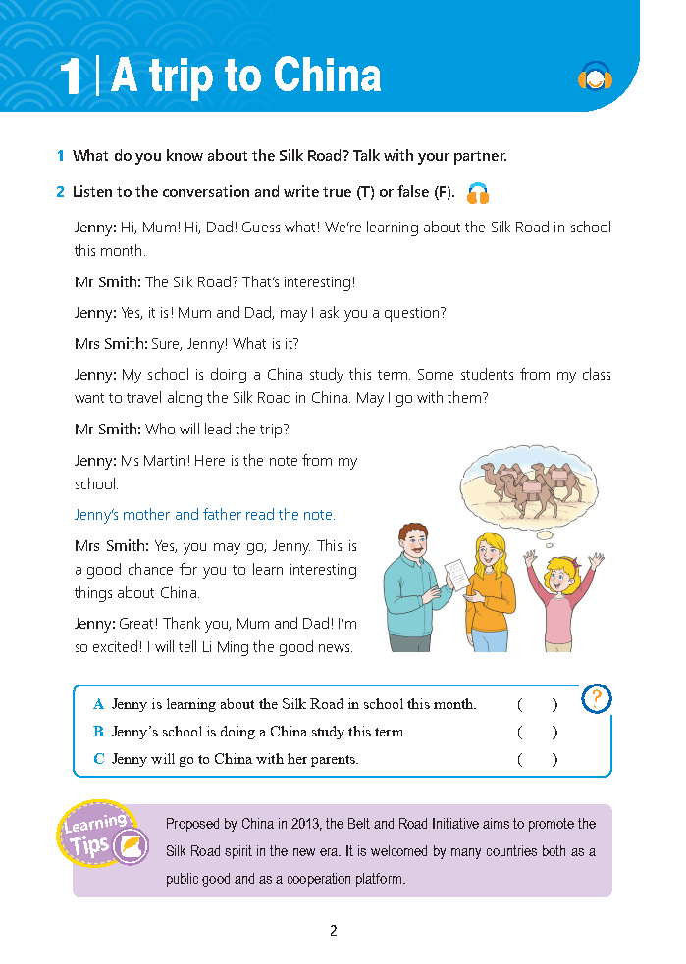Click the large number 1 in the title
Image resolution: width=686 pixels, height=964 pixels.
69,77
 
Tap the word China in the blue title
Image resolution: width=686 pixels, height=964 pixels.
327,76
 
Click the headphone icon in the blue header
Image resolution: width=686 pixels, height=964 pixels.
595,76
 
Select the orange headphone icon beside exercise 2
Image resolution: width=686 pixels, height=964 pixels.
478,193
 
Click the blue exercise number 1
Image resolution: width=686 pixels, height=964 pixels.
61,156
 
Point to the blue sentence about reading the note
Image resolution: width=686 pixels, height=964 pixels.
204,515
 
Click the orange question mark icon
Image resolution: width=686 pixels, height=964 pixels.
597,698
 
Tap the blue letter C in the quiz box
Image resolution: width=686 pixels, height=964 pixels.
98,759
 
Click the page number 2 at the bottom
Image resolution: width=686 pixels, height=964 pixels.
334,931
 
